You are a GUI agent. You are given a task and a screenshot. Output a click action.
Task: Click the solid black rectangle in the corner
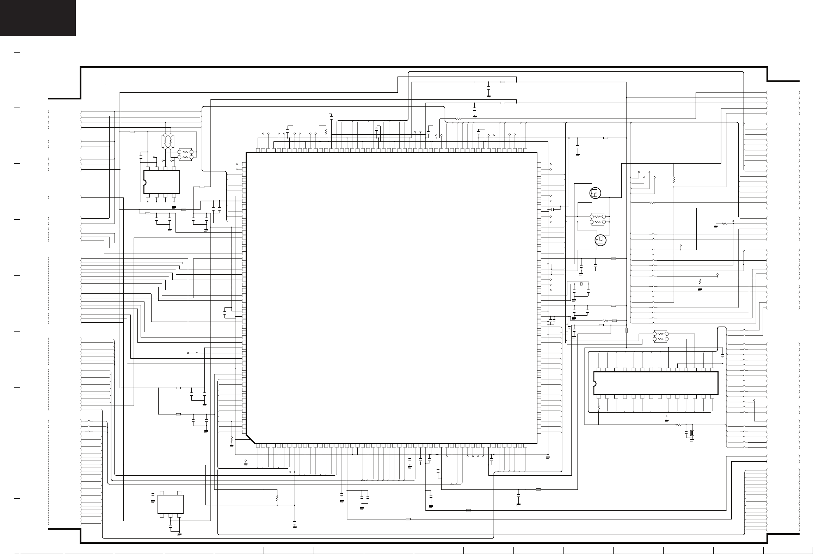pos(38,18)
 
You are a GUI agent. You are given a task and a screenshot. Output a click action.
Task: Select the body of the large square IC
pos(391,298)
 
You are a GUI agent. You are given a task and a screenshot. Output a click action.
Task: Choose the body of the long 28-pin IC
pos(655,383)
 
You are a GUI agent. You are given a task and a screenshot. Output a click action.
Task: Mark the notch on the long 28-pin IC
pos(595,383)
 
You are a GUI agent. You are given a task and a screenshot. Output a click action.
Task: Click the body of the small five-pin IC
pos(171,504)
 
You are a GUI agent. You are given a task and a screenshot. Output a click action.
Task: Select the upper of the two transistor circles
pos(595,193)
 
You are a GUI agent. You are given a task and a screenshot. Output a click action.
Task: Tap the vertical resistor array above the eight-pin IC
pos(167,141)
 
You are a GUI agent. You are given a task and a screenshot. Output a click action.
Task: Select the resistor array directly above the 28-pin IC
pos(661,336)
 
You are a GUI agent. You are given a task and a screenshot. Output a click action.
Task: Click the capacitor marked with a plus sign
pos(569,328)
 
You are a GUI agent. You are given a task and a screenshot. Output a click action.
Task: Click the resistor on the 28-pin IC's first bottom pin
pos(599,408)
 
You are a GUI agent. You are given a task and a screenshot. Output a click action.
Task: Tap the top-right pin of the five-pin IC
pos(179,493)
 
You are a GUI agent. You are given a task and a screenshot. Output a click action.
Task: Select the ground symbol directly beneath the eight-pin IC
pos(174,207)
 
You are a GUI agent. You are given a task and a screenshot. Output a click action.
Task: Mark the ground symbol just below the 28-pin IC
pos(667,420)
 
